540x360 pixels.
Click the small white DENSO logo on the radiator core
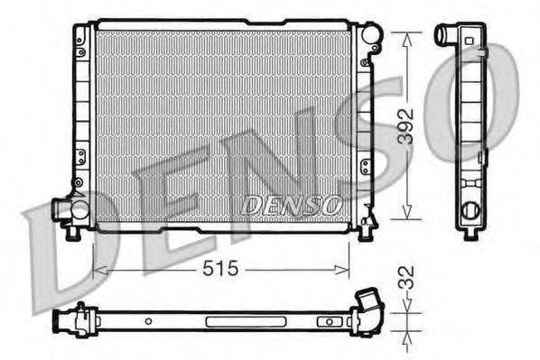pyautogui.click(x=291, y=206)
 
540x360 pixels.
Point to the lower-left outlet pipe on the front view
pyautogui.click(x=63, y=209)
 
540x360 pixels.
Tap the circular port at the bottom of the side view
pyautogui.click(x=470, y=213)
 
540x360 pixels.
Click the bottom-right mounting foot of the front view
pyautogui.click(x=366, y=235)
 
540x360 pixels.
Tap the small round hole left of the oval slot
pyautogui.click(x=146, y=320)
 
